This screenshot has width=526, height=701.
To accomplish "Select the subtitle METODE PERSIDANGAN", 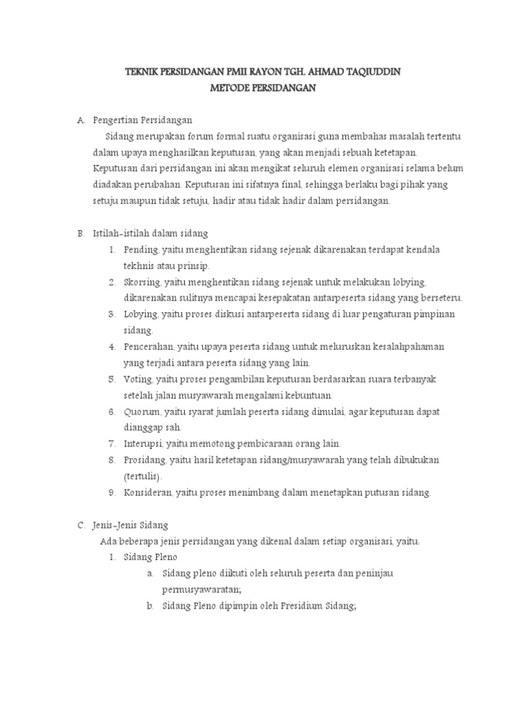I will click(262, 88).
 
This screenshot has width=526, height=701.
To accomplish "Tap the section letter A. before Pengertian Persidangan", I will click(81, 120).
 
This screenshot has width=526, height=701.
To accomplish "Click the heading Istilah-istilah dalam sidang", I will click(146, 233).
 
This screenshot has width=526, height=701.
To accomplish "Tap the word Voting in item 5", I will click(138, 379).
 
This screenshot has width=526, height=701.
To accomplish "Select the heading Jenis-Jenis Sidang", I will click(131, 525).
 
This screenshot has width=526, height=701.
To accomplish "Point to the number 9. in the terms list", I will click(112, 492).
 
